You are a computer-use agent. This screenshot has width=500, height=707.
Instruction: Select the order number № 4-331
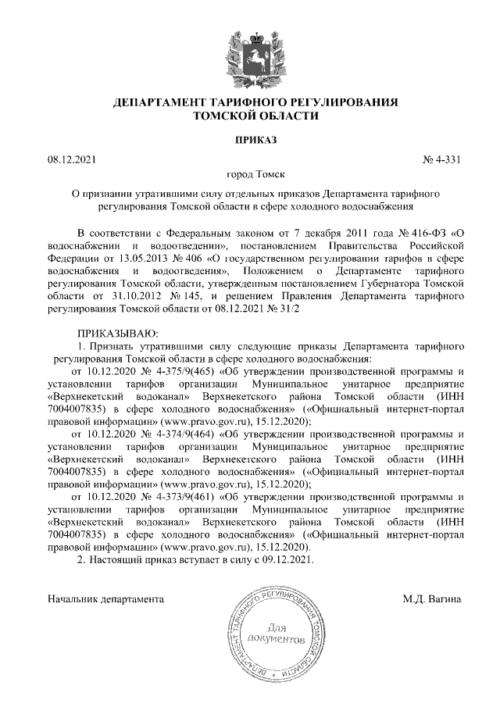[x=441, y=160]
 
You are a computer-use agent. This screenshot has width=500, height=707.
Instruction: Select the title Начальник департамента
[x=105, y=599]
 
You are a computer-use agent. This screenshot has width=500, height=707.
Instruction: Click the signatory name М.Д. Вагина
[x=433, y=599]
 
